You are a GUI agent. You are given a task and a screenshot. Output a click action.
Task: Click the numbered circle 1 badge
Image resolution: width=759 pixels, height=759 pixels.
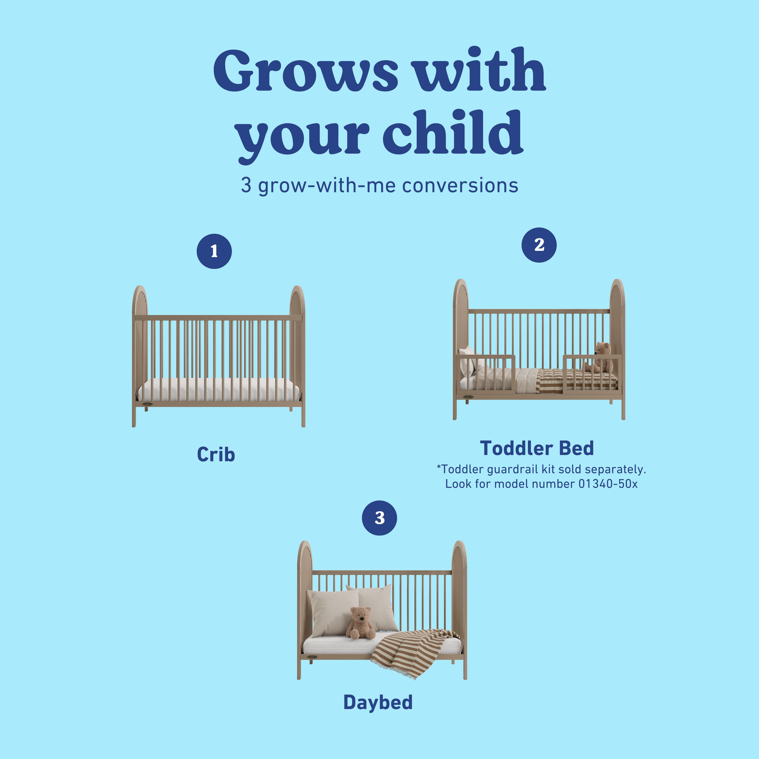(x=214, y=251)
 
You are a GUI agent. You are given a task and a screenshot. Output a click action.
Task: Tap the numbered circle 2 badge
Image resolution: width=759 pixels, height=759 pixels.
(x=539, y=245)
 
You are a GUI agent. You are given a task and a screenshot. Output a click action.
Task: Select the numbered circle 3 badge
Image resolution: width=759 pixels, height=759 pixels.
(x=379, y=518)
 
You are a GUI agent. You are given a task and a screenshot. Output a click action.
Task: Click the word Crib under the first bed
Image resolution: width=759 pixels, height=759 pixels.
(x=216, y=454)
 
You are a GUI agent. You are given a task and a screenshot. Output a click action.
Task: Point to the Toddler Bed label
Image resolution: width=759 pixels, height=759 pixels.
(x=537, y=448)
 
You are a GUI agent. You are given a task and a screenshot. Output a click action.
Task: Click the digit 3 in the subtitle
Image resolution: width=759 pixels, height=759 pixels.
(x=246, y=185)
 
